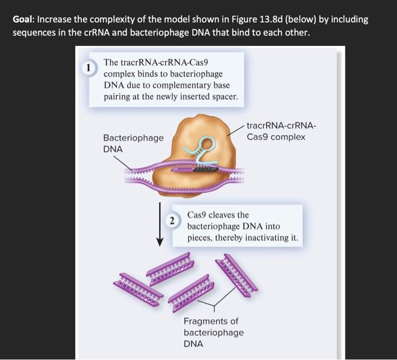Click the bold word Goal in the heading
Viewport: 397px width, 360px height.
pos(24,19)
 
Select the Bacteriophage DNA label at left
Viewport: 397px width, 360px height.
pos(133,143)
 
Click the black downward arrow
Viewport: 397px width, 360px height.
pos(161,224)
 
